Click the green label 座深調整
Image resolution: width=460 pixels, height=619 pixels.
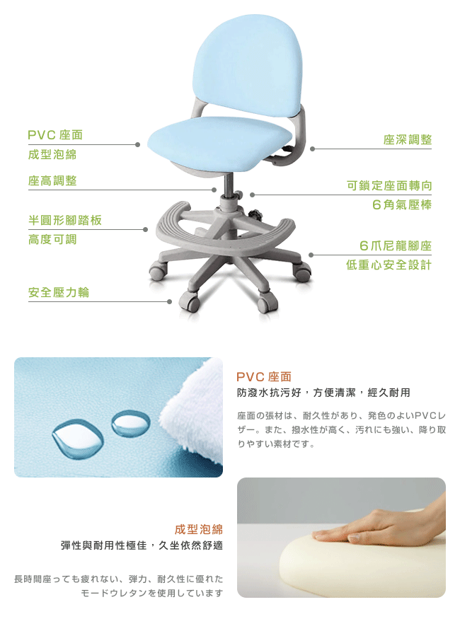[x=408, y=140]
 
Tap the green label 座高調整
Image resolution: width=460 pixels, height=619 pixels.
[x=52, y=181]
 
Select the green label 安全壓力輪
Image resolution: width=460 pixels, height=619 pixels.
[x=59, y=293]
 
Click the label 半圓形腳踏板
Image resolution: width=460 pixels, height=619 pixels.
[x=65, y=220]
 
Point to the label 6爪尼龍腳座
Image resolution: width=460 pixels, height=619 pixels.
[x=396, y=246]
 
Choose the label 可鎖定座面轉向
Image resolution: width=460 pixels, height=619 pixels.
[x=389, y=185]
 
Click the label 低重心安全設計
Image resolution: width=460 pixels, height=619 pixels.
[x=389, y=265]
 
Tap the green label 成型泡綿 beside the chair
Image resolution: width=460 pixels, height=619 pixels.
[x=52, y=154]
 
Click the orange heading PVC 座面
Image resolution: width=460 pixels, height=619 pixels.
[x=264, y=377]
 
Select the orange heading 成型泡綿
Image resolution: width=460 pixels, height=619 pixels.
[x=199, y=529]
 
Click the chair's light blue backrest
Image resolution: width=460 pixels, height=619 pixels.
[x=248, y=65]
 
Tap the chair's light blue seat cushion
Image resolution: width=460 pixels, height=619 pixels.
[x=219, y=143]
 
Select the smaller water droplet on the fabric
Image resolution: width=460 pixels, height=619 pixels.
[x=131, y=423]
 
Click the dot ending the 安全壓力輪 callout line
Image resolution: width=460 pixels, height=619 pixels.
[x=169, y=301]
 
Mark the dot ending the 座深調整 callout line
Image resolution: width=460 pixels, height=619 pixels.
[x=312, y=149]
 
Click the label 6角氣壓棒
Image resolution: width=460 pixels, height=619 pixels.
[x=402, y=204]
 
